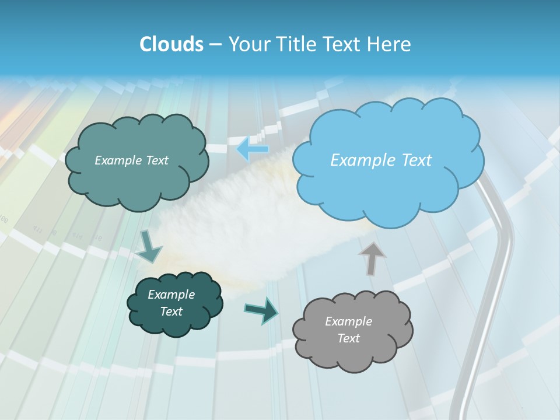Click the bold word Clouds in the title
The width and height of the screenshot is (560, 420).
point(171,44)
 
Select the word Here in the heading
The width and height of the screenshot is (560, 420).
point(391,44)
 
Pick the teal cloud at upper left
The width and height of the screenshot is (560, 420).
point(135,160)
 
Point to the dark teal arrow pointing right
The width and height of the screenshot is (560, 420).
point(262,310)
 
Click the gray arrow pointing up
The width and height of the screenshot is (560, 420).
point(372,257)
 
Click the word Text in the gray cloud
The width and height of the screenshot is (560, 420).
point(348,338)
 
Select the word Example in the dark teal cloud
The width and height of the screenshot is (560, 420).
point(171,295)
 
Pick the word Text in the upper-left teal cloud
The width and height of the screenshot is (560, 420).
point(156,160)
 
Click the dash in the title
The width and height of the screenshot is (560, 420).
point(215,44)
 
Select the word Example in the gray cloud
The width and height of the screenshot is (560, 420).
point(348,321)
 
